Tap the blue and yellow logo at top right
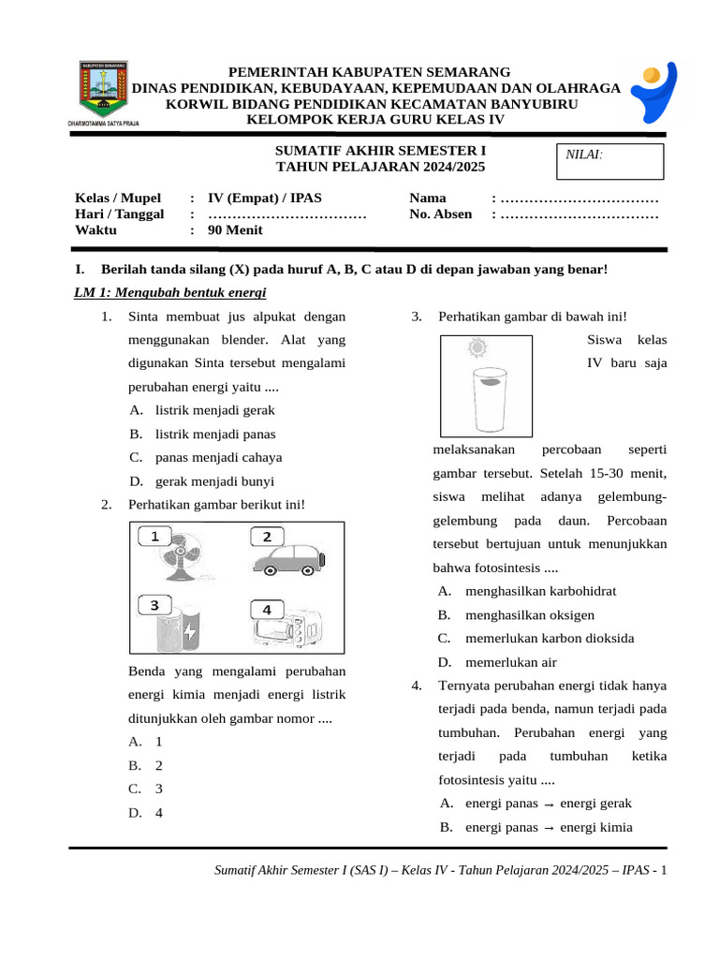[662, 95]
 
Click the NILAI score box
[609, 161]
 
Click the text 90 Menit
[235, 230]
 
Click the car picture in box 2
[286, 560]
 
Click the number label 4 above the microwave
[267, 609]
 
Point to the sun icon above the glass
[478, 349]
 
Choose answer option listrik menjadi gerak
[214, 410]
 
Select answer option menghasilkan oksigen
[529, 615]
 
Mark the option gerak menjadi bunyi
[214, 481]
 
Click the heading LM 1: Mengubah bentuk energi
[170, 293]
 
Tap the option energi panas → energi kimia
[548, 827]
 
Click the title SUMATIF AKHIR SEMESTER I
[381, 151]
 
